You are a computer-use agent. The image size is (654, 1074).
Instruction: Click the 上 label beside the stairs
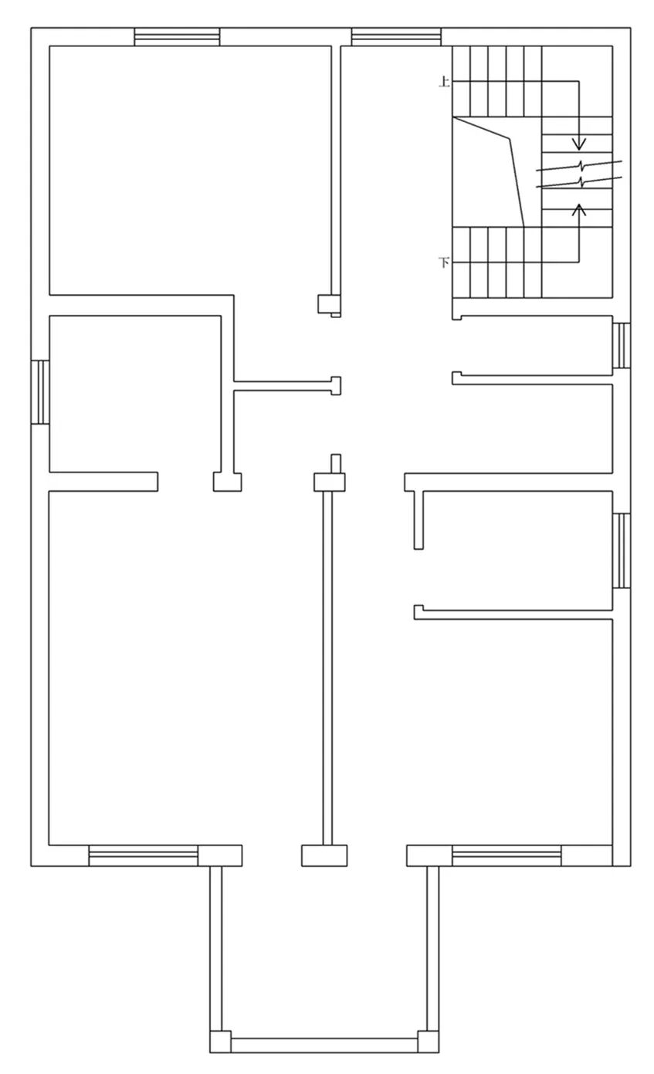pos(445,82)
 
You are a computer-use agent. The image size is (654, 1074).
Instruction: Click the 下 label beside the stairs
pos(445,263)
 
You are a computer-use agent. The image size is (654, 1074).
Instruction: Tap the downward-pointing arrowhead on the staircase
pos(579,144)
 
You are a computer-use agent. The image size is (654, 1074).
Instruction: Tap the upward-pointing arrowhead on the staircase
pos(579,209)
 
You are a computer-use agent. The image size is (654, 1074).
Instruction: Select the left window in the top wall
pos(177,37)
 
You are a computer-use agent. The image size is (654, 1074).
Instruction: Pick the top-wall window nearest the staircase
pos(396,37)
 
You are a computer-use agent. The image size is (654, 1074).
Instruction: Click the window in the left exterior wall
pos(40,392)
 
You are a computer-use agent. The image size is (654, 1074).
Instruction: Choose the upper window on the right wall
pos(622,345)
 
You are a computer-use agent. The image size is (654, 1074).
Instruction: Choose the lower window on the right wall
pos(622,551)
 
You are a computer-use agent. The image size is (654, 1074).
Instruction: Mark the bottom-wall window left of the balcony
pos(143,855)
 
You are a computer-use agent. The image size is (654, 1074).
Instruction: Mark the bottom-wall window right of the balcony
pos(507,855)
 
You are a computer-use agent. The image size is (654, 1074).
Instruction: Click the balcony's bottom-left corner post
pos(221,1042)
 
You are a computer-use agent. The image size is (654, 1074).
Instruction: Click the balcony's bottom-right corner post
pos(429,1042)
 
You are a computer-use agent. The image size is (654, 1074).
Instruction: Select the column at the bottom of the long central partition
pos(324,855)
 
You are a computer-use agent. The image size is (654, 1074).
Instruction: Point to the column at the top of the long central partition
pos(330,482)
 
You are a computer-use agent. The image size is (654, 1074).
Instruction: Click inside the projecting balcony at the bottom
pos(324,950)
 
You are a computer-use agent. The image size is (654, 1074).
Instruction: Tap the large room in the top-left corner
pos(191,170)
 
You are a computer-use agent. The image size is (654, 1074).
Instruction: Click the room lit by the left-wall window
pos(135,394)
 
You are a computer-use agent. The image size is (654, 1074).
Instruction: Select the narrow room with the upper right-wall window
pos(532,345)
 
